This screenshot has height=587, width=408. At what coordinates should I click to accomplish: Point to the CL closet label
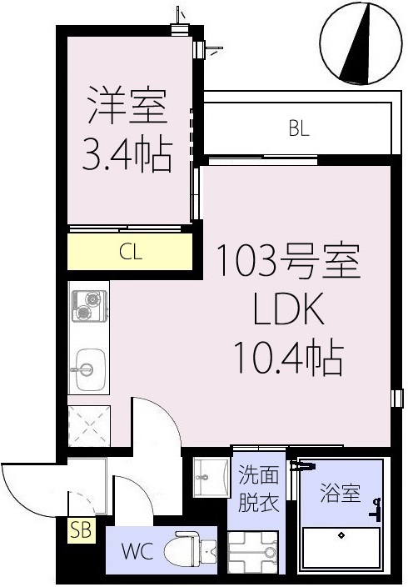tap(130, 253)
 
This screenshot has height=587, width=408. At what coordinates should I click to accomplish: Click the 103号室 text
tap(287, 263)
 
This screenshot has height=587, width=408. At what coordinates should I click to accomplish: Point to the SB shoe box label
tap(82, 529)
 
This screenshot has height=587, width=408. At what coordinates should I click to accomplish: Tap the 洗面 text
tap(258, 477)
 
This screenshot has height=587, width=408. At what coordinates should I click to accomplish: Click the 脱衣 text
tap(258, 504)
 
